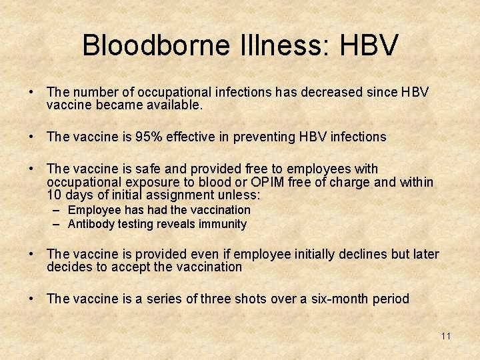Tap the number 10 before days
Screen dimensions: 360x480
54,195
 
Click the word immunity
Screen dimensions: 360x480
221,224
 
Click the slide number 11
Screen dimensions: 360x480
446,336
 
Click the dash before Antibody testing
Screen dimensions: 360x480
58,224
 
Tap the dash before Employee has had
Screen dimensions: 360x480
58,210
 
